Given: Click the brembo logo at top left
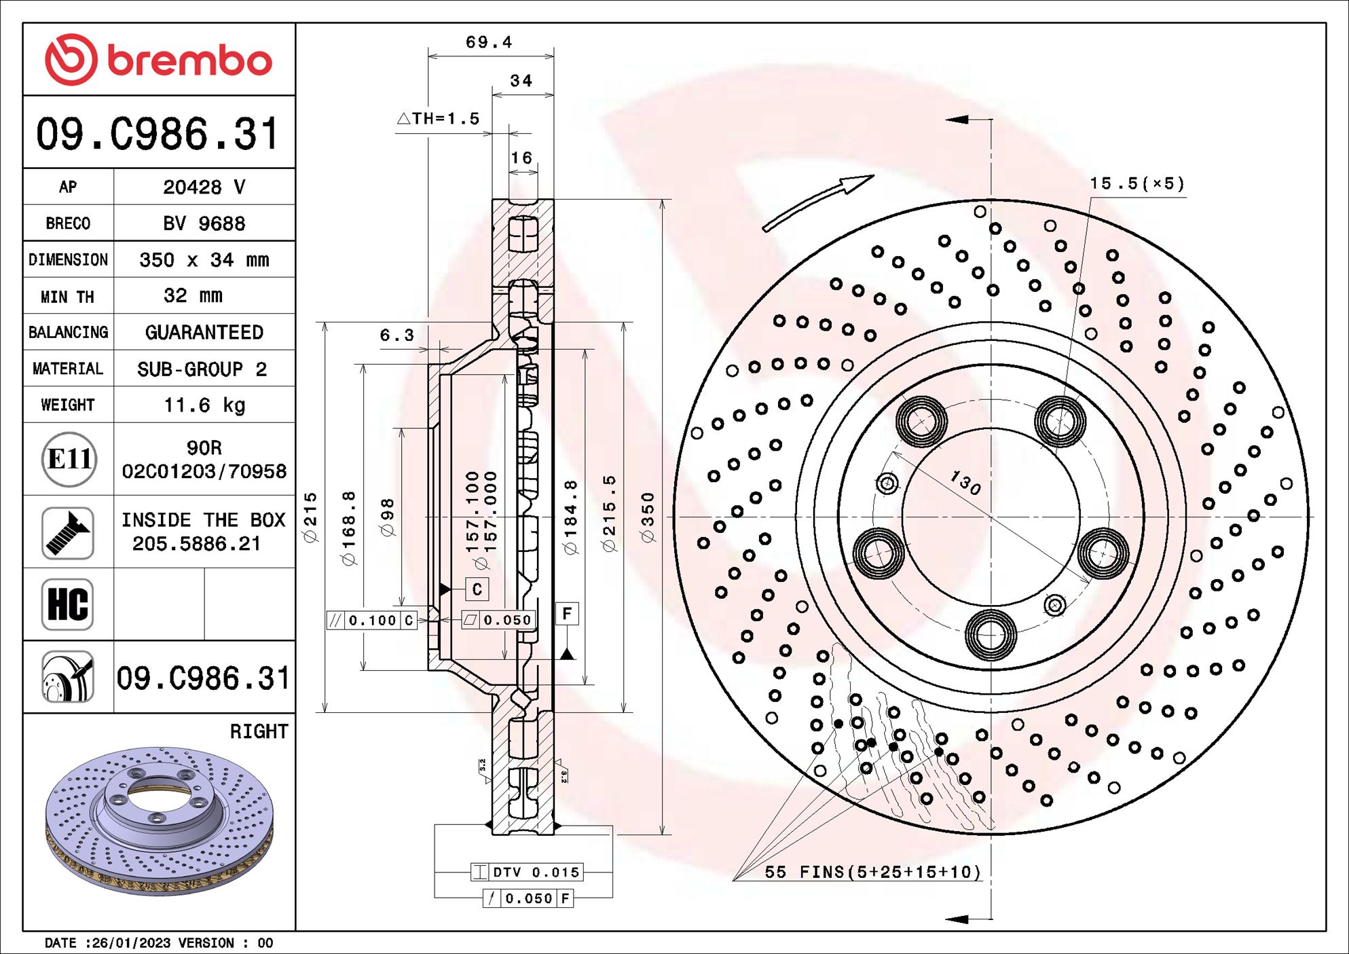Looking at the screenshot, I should click(158, 60).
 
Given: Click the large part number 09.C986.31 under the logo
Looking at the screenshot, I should click(158, 134).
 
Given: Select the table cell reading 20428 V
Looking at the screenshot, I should click(204, 187).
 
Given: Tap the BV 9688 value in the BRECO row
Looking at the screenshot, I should click(204, 223).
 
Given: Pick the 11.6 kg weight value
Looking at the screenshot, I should click(204, 405).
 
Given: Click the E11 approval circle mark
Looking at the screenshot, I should click(69, 460).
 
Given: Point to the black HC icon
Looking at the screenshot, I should click(68, 604).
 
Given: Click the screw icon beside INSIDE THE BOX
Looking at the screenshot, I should click(68, 533).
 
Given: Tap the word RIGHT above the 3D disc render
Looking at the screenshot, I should click(259, 731).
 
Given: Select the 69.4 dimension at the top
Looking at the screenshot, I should click(489, 42).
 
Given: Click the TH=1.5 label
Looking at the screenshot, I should click(439, 119).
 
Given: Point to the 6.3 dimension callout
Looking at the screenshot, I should click(396, 335).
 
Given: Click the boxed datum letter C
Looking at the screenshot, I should click(477, 589).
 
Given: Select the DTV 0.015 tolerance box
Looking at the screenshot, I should click(528, 872).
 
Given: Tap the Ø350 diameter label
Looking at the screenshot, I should click(648, 517).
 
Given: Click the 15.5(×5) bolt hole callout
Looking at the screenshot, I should click(1137, 184).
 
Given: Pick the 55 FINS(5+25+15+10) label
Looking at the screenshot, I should click(872, 872).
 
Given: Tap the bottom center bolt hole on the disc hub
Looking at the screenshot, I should click(991, 635).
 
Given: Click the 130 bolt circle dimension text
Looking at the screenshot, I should click(965, 483).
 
